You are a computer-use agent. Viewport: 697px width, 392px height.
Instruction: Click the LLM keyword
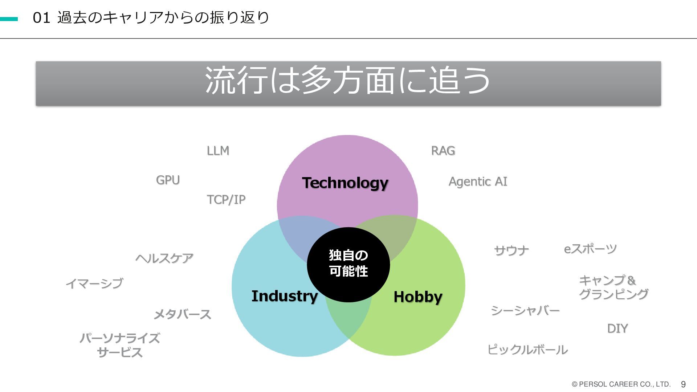click(218, 151)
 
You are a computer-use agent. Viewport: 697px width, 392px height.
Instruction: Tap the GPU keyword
click(168, 180)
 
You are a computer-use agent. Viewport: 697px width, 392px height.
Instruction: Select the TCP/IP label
click(226, 200)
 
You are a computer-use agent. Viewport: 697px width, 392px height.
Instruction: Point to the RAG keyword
click(443, 151)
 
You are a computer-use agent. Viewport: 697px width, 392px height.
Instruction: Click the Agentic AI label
click(478, 181)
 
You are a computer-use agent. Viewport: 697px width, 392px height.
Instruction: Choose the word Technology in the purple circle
click(345, 183)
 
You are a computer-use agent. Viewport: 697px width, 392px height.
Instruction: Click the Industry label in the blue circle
click(285, 296)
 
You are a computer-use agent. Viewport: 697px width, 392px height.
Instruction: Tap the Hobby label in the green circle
click(418, 297)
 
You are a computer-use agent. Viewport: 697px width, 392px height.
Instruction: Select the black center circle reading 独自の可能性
click(348, 264)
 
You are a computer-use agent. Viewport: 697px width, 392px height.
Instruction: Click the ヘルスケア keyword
click(164, 258)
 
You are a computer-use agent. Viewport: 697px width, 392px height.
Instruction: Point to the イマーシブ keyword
click(94, 283)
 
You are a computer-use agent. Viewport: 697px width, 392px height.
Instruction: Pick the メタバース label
click(182, 314)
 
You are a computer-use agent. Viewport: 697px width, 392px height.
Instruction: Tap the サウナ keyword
click(511, 250)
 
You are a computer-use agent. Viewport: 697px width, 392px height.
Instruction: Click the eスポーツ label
click(590, 249)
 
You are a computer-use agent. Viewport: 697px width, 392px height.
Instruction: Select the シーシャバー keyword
click(525, 310)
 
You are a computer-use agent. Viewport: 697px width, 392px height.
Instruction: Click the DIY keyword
click(617, 328)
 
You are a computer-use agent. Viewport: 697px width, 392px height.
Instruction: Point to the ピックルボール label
click(527, 350)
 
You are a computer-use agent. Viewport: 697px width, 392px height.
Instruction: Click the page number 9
click(683, 384)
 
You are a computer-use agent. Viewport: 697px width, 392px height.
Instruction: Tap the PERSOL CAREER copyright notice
click(621, 384)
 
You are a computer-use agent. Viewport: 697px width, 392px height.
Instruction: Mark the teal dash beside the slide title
click(9, 19)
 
